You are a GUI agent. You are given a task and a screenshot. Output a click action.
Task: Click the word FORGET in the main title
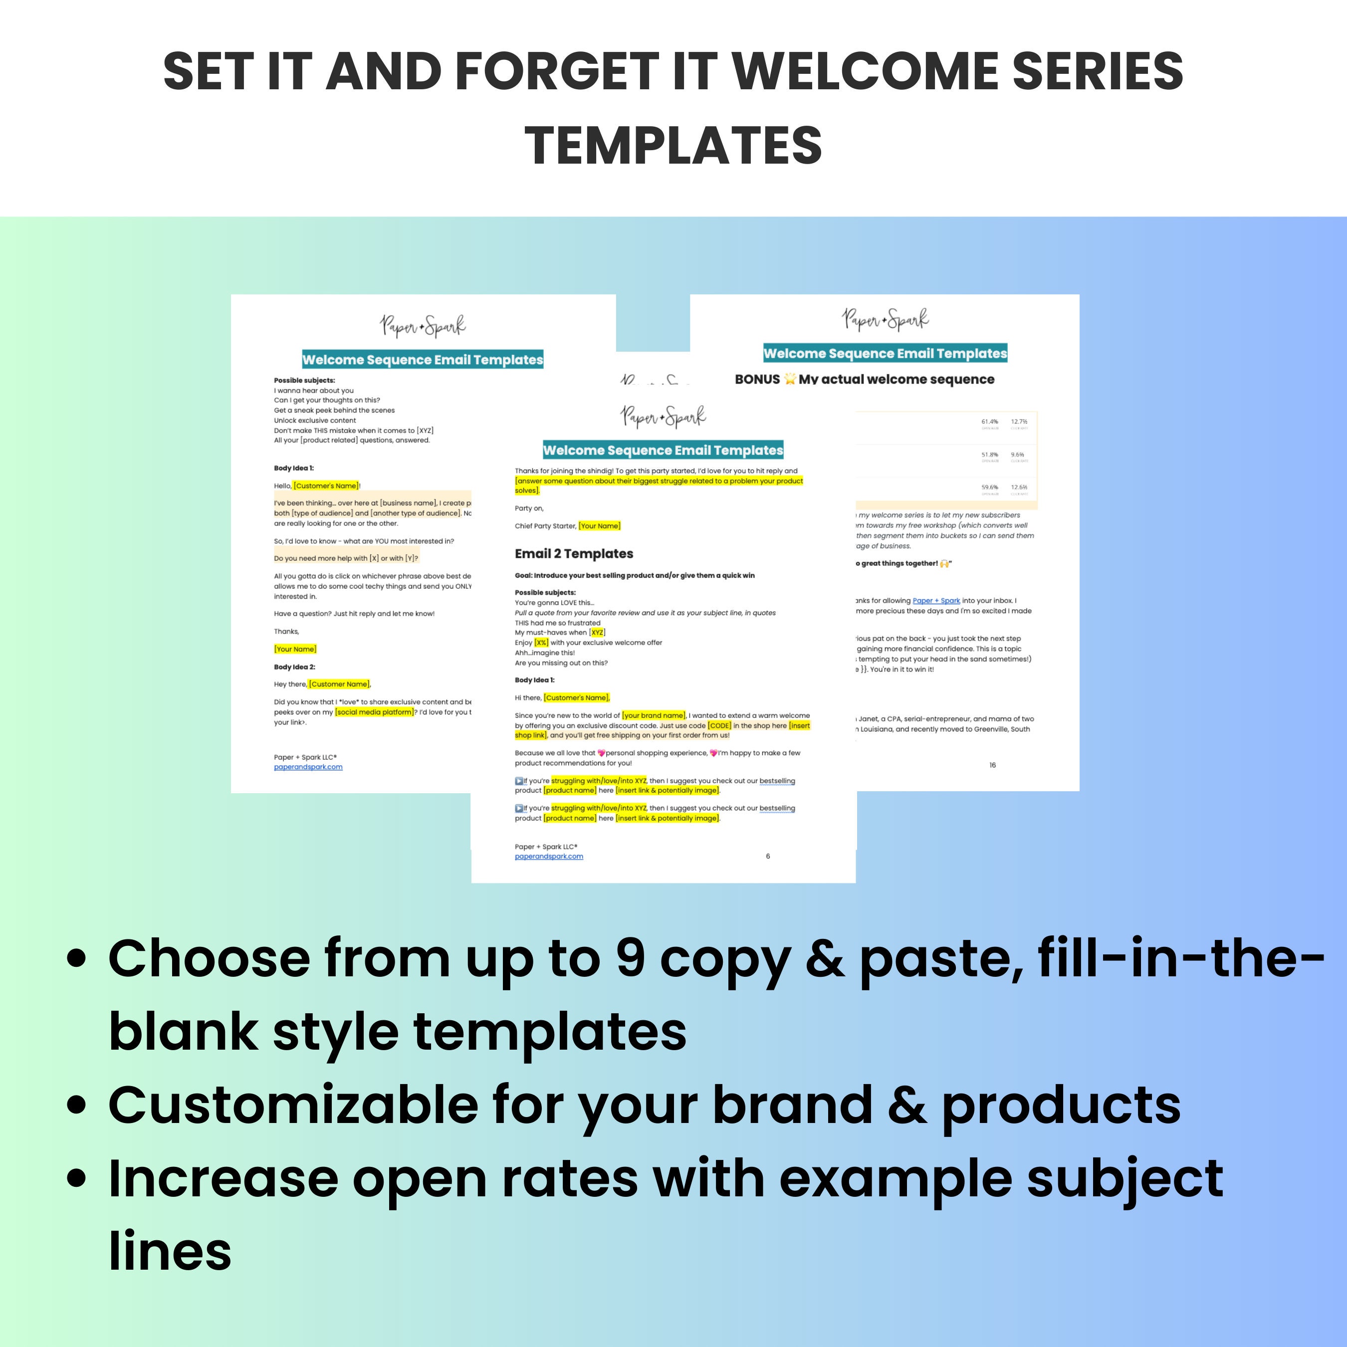(556, 72)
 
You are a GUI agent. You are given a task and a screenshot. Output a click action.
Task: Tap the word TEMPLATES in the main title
(673, 146)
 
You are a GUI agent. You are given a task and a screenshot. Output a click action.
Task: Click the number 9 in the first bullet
(630, 959)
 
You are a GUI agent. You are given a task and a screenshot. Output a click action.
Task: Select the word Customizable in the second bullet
(292, 1105)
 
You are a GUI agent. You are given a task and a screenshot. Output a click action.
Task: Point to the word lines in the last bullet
(170, 1252)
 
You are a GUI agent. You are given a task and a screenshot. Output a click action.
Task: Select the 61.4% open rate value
(989, 422)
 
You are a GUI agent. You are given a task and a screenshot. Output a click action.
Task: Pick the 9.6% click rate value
(1017, 454)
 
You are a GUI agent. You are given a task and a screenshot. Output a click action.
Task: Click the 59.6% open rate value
(989, 487)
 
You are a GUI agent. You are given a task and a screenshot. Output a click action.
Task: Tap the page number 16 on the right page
(992, 765)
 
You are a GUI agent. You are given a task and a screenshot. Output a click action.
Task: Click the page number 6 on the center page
(768, 856)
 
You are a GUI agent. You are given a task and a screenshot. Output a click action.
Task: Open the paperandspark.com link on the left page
(308, 767)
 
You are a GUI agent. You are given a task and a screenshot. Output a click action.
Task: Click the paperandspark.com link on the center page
(549, 856)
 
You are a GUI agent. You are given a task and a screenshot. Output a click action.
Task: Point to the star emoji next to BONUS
(789, 379)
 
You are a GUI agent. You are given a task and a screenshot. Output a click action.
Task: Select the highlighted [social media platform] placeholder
(374, 712)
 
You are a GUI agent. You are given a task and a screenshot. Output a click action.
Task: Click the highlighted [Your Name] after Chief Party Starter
(600, 526)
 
